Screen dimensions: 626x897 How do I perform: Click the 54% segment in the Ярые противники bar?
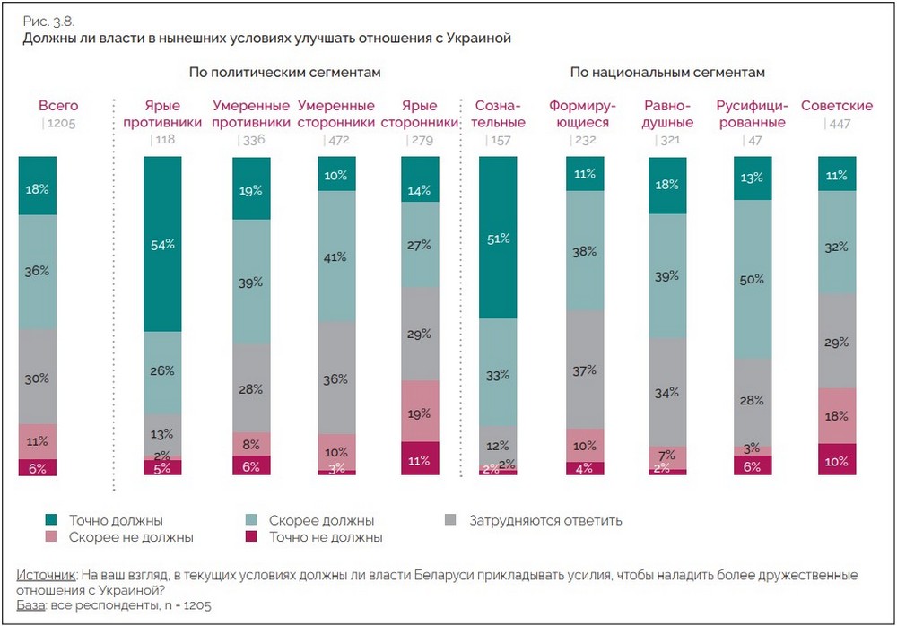coord(162,244)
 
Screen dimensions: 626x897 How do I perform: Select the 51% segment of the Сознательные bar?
coord(499,238)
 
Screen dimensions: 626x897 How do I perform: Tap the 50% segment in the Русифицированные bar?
coord(753,280)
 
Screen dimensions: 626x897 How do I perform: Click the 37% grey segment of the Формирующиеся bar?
coord(586,370)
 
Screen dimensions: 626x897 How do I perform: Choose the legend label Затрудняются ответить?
coord(545,520)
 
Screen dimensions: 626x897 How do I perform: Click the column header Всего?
coord(58,106)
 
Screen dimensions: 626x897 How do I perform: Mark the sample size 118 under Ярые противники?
coord(166,140)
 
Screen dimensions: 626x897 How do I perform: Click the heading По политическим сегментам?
coord(285,72)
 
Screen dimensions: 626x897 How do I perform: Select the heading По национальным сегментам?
coord(666,72)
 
